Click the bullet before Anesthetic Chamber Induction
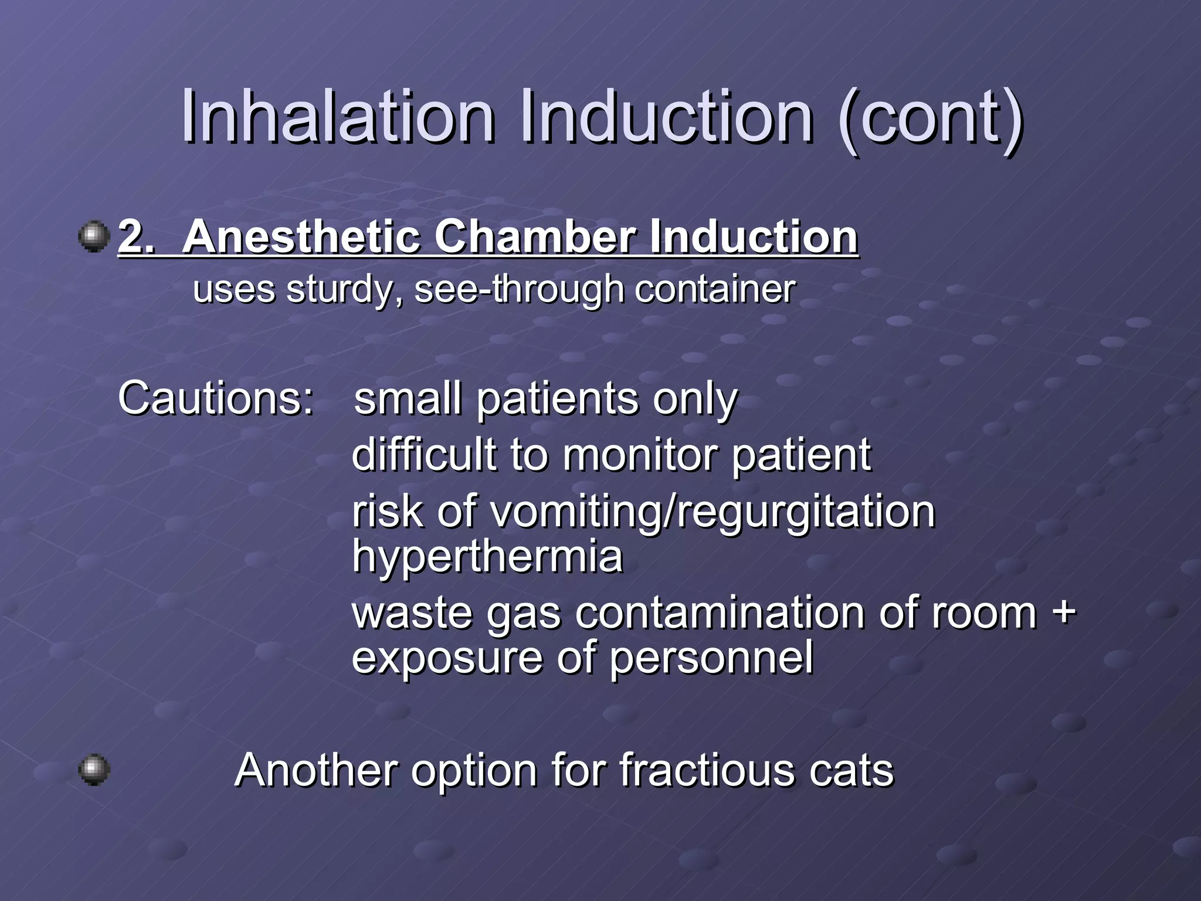pos(94,237)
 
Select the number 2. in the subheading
pos(137,237)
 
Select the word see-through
pos(519,289)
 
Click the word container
pos(715,289)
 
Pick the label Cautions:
pos(216,398)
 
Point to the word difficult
pos(423,455)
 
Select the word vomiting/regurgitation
pos(712,512)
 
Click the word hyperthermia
pos(487,555)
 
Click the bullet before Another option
pos(94,769)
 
